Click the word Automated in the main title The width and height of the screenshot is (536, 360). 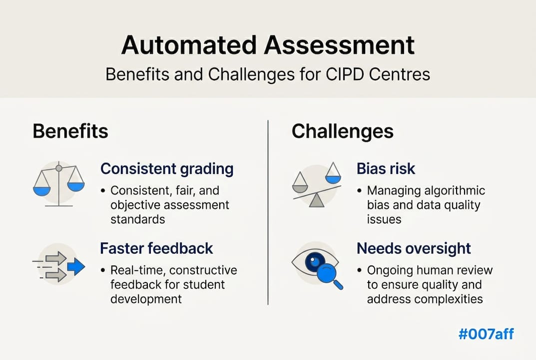point(189,45)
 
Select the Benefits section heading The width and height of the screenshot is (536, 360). point(70,131)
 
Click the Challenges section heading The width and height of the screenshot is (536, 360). point(343,131)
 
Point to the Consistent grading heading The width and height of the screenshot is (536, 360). point(167,168)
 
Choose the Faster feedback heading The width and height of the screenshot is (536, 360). point(156,248)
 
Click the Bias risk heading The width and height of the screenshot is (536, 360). point(386,168)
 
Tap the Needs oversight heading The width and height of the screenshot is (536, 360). point(414,248)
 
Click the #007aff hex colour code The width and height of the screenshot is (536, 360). point(486,333)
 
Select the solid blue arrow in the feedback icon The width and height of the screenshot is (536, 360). point(76,266)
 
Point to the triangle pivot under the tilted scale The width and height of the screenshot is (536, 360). point(317,200)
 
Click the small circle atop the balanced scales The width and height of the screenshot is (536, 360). point(59,168)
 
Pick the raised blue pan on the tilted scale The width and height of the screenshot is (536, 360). point(333,178)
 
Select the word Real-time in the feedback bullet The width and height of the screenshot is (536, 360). point(138,270)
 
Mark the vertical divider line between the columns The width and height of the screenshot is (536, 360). point(268,212)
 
